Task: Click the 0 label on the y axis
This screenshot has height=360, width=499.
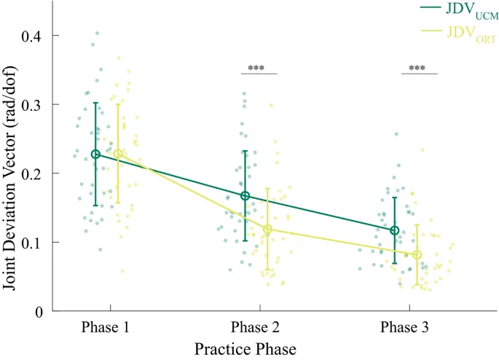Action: click(45, 310)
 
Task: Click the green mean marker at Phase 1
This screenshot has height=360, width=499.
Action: click(95, 154)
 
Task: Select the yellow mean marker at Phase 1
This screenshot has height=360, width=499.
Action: click(118, 154)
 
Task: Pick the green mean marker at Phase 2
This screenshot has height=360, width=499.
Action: click(245, 196)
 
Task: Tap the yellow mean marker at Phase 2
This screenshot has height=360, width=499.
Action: click(267, 230)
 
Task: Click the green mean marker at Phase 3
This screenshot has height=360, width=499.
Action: click(395, 230)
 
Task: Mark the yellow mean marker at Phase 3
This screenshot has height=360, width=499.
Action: click(417, 255)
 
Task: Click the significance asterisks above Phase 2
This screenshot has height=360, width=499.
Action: click(256, 69)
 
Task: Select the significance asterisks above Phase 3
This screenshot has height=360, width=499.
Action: click(417, 69)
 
